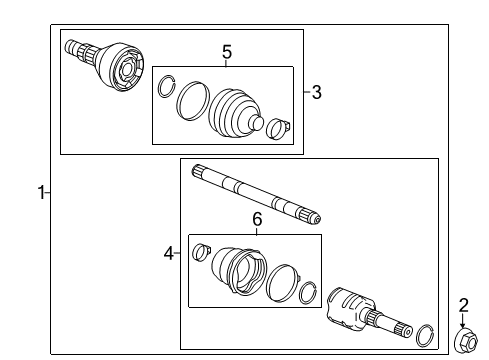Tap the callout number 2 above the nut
463,305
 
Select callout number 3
316,93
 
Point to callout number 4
169,254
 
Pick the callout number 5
226,51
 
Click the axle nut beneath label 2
464,343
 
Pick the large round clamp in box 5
188,100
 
